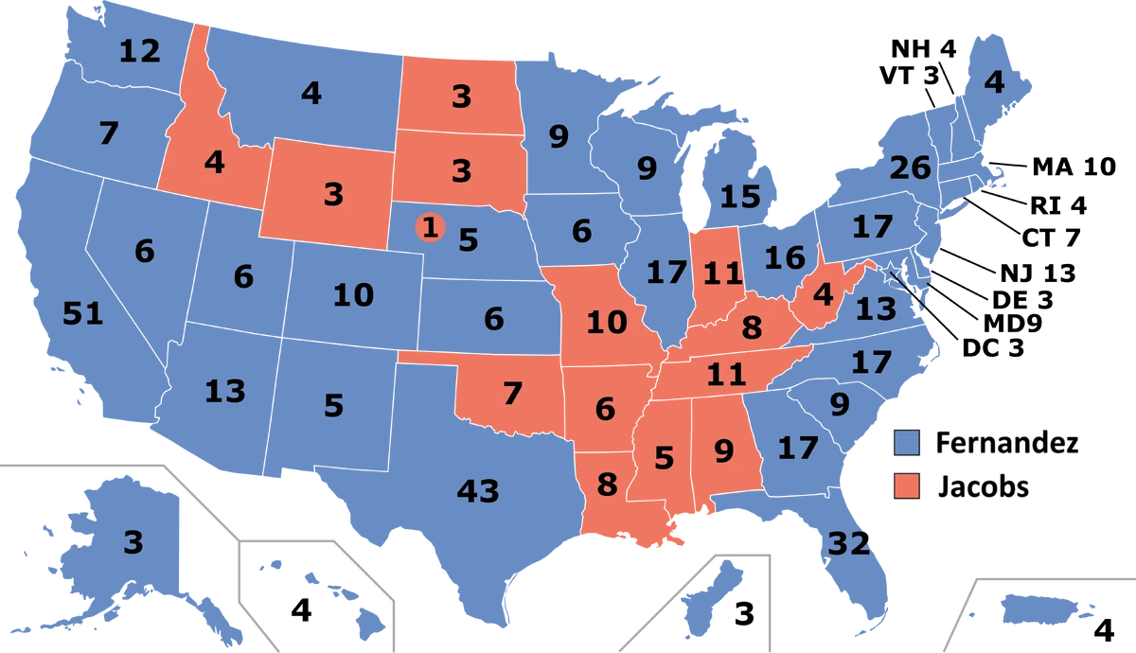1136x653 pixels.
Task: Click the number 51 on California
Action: pyautogui.click(x=82, y=313)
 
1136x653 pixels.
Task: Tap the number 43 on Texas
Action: pyautogui.click(x=478, y=491)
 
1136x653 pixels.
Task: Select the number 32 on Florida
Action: pyautogui.click(x=849, y=543)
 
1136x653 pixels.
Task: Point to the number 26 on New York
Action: pyautogui.click(x=911, y=168)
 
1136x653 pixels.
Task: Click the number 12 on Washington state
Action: pyautogui.click(x=139, y=51)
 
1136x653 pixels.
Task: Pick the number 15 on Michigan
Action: pyautogui.click(x=739, y=197)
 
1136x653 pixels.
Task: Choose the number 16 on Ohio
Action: pyautogui.click(x=784, y=257)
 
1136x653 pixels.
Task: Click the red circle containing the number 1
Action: pyautogui.click(x=430, y=228)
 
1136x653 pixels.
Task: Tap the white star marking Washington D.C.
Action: pyautogui.click(x=890, y=274)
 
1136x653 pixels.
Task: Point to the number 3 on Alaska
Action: pyautogui.click(x=133, y=542)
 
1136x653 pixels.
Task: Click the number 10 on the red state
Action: pyautogui.click(x=606, y=323)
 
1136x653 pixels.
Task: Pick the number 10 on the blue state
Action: pyautogui.click(x=353, y=295)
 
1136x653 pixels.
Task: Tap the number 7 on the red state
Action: pyautogui.click(x=512, y=393)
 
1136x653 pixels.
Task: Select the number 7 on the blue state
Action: pyautogui.click(x=109, y=134)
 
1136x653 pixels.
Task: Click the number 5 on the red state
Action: pyautogui.click(x=664, y=458)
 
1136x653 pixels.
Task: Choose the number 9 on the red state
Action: pyautogui.click(x=724, y=451)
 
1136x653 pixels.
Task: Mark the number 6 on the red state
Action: pyautogui.click(x=605, y=409)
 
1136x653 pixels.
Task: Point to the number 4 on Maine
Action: pyautogui.click(x=993, y=83)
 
